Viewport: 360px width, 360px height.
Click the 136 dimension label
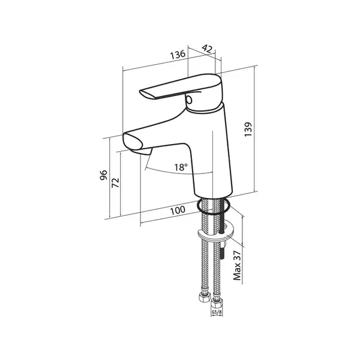coord(178,55)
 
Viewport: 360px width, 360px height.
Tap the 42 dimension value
coord(207,49)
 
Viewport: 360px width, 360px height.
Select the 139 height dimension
coord(248,130)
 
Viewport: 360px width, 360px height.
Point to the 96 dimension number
coord(104,175)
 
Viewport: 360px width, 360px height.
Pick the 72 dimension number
coord(115,183)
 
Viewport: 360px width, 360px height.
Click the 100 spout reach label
coord(177,210)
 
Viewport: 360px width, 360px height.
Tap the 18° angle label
coord(181,167)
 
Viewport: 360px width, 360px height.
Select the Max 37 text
coord(237,265)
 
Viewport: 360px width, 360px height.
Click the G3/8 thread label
coord(217,312)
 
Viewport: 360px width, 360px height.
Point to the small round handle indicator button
coord(189,100)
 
